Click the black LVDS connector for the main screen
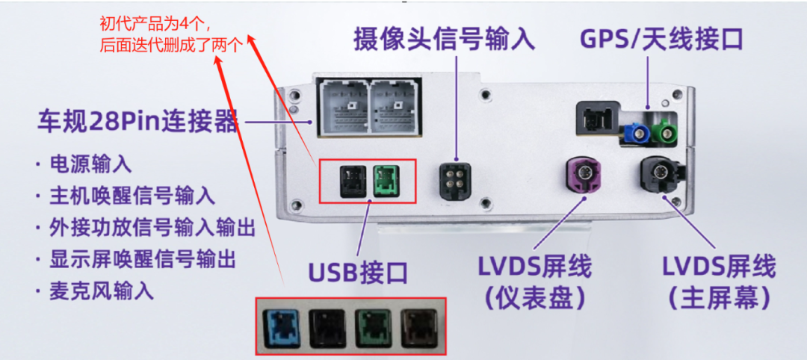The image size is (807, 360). [659, 176]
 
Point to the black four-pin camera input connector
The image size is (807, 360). [453, 179]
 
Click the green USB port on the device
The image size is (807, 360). [386, 179]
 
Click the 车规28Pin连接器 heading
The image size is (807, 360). [138, 122]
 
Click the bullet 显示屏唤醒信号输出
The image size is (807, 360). [142, 259]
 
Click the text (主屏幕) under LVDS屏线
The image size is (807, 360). [718, 298]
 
